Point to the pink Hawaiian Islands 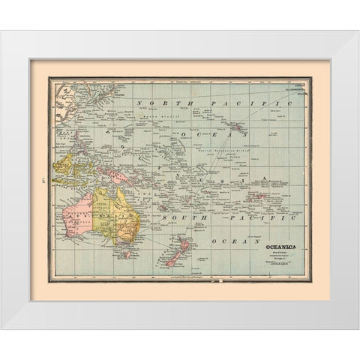click(x=239, y=130)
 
